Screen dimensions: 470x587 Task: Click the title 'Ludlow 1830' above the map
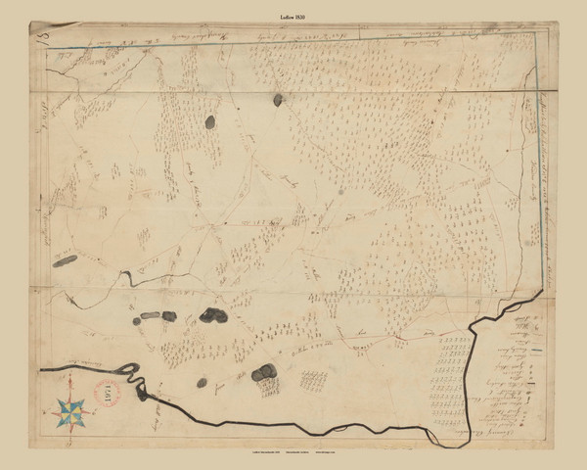293,18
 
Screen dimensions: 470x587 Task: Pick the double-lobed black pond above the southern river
263,374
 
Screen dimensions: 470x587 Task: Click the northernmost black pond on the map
278,99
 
